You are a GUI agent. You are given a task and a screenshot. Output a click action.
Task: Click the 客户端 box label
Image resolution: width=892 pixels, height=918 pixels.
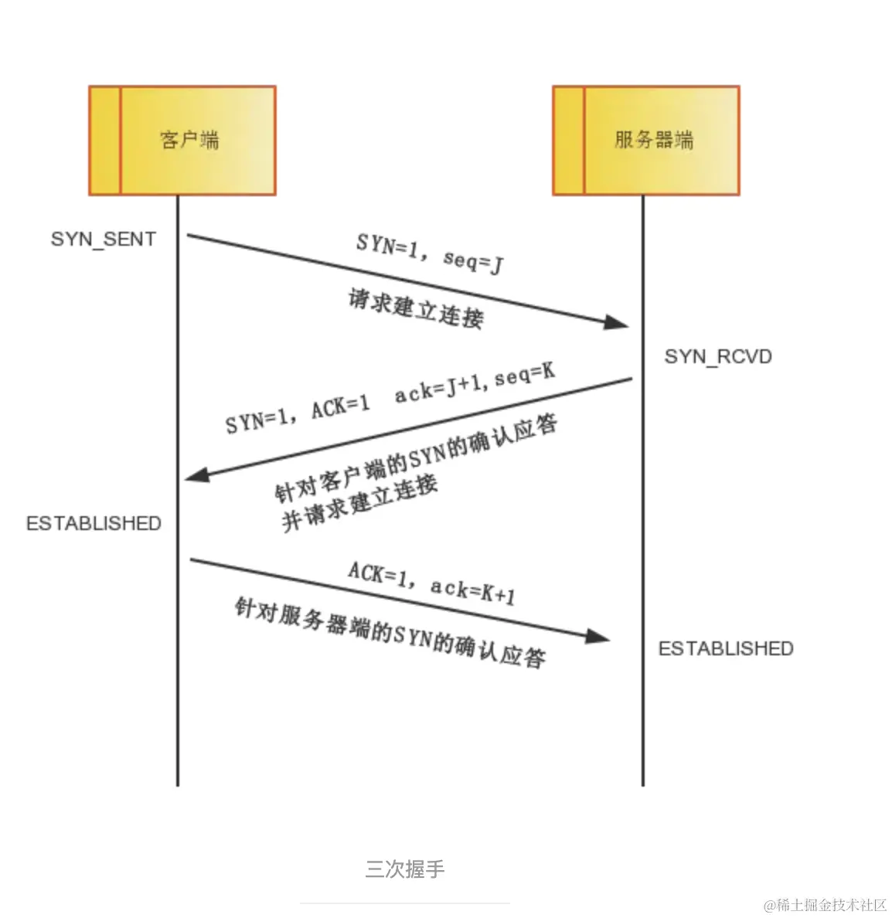(189, 140)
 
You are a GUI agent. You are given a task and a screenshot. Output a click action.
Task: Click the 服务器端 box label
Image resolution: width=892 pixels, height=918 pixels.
(654, 140)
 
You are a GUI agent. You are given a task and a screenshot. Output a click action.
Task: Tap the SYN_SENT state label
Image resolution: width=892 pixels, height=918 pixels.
(104, 239)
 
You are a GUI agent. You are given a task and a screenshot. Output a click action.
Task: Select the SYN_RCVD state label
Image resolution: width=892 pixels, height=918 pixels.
(718, 356)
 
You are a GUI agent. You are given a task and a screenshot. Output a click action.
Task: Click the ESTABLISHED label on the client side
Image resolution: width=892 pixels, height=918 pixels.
(94, 523)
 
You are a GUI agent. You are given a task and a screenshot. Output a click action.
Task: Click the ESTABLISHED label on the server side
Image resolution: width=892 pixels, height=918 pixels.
(726, 648)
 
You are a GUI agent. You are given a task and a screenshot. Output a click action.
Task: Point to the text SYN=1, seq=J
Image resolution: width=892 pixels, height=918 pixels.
(430, 253)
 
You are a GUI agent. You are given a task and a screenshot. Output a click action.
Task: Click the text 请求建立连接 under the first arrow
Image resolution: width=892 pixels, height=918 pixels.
(416, 308)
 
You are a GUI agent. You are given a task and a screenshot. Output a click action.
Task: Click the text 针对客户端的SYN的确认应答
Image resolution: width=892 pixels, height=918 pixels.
(417, 457)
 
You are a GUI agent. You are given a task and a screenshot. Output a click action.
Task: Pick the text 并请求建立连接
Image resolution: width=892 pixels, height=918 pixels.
(359, 503)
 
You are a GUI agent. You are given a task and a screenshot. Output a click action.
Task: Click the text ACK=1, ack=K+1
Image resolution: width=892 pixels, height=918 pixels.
(431, 583)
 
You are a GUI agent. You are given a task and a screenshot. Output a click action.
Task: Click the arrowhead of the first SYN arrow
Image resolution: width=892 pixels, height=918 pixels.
(617, 321)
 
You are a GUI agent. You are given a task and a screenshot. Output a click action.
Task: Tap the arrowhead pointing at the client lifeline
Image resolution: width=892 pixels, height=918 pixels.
(197, 474)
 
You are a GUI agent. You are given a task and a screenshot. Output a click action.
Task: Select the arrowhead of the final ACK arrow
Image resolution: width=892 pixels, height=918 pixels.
(598, 637)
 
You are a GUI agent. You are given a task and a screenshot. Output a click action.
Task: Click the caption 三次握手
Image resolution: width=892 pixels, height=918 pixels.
(405, 869)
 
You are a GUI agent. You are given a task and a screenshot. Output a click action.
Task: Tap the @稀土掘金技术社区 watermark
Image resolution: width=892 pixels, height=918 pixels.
(825, 905)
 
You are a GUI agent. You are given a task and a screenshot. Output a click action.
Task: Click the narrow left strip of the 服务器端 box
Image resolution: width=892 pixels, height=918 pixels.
(568, 140)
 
